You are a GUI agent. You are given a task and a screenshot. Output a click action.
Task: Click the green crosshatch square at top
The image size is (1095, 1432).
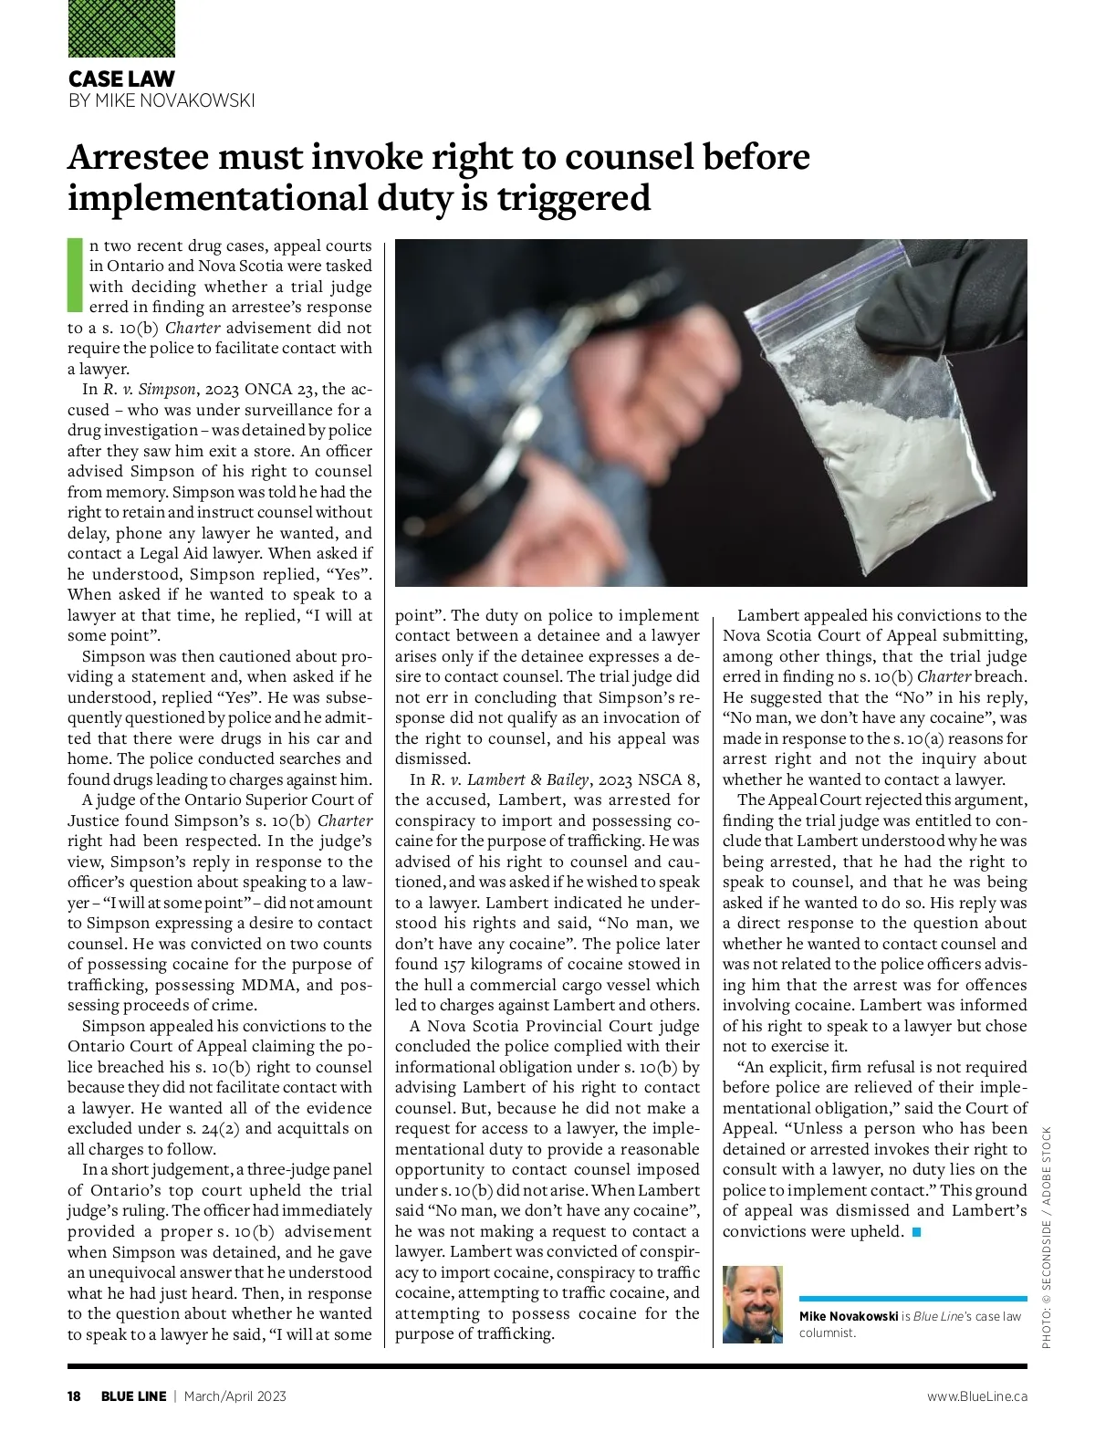point(121,28)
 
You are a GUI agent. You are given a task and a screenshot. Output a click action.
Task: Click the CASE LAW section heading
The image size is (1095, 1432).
point(121,79)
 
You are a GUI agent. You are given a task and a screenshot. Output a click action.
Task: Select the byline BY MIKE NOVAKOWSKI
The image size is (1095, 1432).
point(162,100)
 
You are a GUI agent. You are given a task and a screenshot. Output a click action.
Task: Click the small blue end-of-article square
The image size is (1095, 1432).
point(916,1232)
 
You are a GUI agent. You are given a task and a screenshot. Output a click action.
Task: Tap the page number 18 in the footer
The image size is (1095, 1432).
point(74,1396)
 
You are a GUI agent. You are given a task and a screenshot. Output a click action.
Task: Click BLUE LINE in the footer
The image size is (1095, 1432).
point(133,1396)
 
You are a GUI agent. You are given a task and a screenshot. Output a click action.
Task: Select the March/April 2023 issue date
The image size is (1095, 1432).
point(235,1396)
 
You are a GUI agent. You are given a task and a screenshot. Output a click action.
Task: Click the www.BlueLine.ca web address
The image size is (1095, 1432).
point(976,1396)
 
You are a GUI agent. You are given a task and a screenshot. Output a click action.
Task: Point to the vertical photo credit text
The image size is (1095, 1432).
point(1046,1237)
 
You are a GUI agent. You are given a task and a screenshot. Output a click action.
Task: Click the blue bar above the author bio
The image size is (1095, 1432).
point(912,1298)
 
